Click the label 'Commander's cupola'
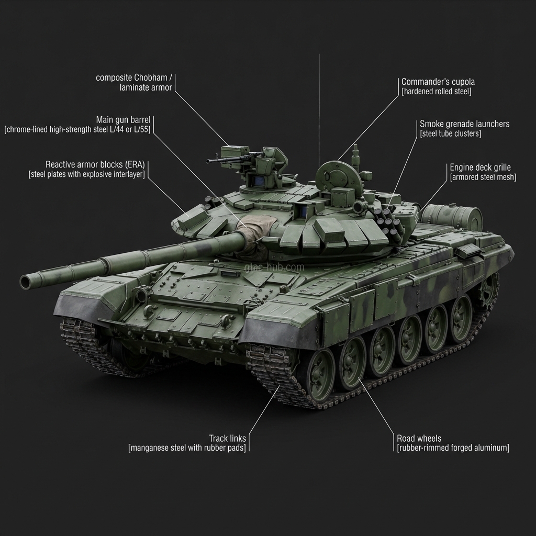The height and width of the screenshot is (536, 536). tap(438, 82)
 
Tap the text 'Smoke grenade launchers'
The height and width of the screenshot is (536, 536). tap(464, 124)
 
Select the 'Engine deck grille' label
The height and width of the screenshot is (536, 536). tap(480, 167)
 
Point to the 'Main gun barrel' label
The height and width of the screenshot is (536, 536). tap(123, 120)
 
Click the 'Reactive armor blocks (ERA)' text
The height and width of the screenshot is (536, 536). tap(95, 164)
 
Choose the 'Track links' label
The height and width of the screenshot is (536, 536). tap(227, 438)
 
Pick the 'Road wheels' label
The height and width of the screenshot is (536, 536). tap(419, 438)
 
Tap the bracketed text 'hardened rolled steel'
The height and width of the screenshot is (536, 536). tap(437, 92)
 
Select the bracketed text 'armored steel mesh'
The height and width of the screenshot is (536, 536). tap(483, 177)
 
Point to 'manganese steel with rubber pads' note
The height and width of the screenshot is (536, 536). tap(187, 448)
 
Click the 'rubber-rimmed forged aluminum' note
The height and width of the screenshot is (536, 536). tap(453, 448)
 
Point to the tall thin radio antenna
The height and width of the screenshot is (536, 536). tap(319, 105)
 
